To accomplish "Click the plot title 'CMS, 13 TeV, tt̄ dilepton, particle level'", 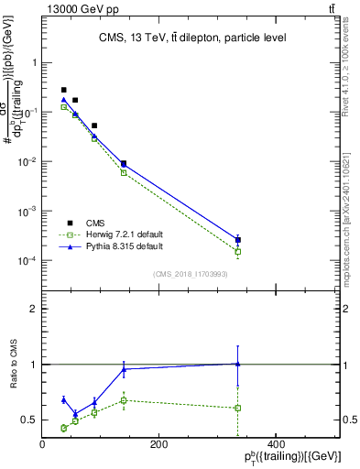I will (191, 38).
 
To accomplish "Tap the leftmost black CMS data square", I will (63, 90).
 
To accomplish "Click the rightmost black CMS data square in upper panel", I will (238, 240).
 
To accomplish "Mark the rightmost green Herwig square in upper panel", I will (238, 252).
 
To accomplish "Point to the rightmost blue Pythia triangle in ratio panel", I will (238, 364).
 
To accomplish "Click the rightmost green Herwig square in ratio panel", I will (238, 408).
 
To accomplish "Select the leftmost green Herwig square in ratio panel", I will (63, 428).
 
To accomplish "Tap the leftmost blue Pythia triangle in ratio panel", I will (63, 399).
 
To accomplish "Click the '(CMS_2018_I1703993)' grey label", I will (191, 273).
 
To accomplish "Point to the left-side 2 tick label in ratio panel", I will (33, 309).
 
